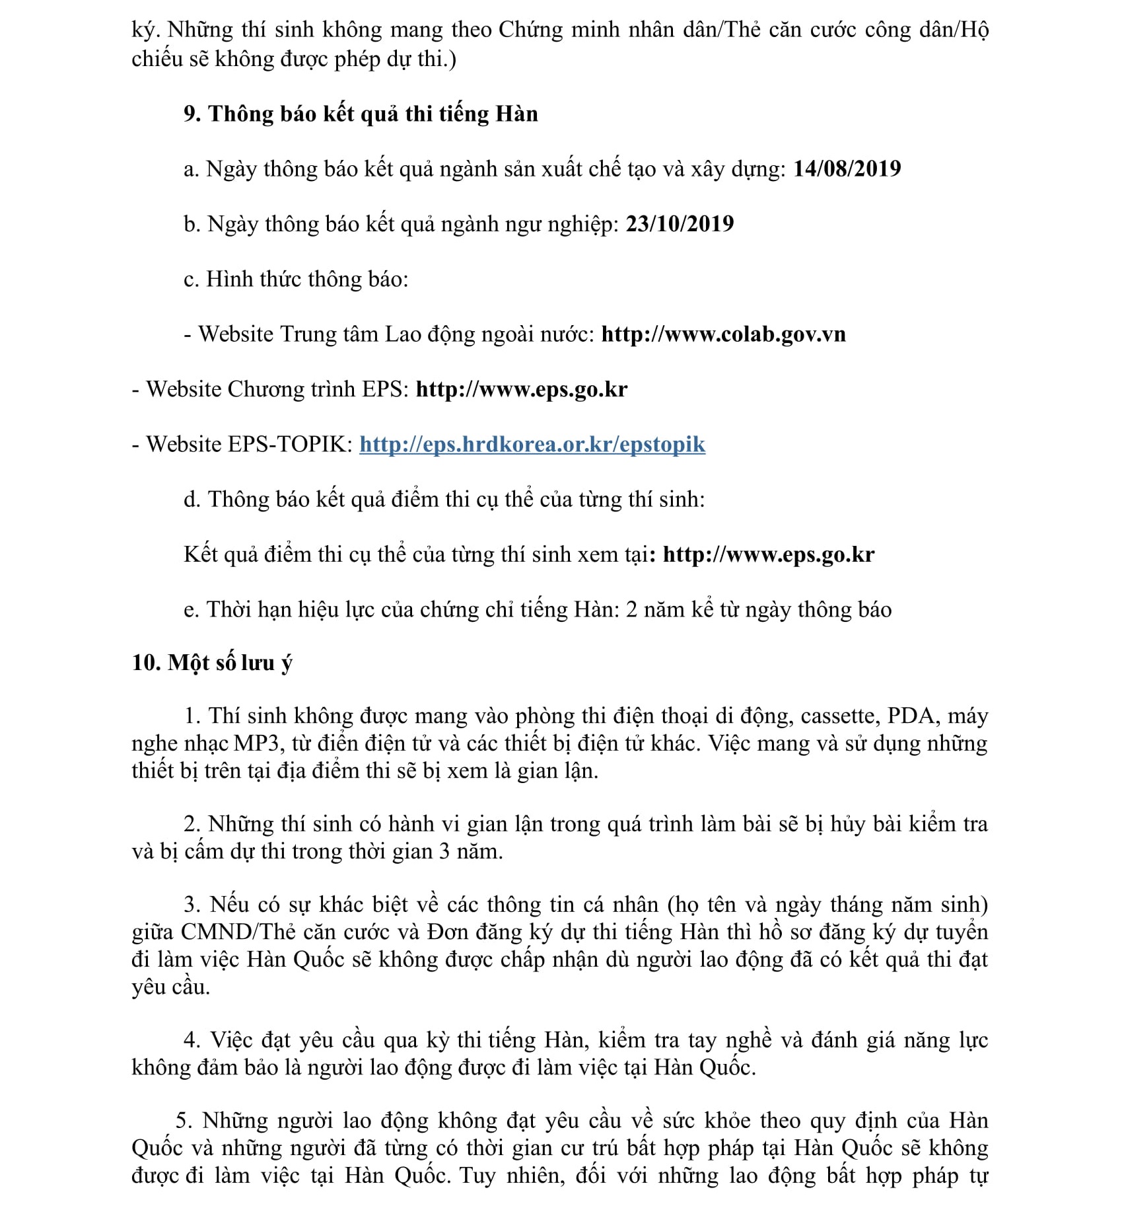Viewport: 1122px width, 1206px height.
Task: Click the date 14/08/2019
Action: (x=847, y=169)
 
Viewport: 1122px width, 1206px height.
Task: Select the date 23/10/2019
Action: (x=680, y=224)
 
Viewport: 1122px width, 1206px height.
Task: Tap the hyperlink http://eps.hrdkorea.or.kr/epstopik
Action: (x=532, y=444)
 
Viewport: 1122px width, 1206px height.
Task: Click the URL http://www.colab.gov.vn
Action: (x=723, y=334)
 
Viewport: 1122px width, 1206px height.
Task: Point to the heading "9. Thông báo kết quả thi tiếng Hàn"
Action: (x=361, y=114)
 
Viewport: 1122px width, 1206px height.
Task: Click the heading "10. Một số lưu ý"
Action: (x=211, y=663)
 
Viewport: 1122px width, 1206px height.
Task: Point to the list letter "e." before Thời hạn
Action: (x=192, y=610)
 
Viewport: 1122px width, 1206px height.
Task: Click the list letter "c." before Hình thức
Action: (x=192, y=280)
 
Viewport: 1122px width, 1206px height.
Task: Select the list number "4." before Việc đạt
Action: (x=192, y=1041)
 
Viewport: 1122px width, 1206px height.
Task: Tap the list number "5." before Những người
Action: (x=184, y=1121)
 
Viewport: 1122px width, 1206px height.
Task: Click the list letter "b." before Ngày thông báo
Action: (x=192, y=225)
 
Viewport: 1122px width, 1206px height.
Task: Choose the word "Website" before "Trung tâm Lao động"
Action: (x=236, y=334)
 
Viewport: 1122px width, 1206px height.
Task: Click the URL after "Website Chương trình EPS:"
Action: (x=521, y=389)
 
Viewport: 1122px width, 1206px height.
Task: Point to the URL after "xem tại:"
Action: (x=768, y=554)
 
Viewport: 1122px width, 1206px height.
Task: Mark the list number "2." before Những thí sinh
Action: (x=192, y=825)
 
